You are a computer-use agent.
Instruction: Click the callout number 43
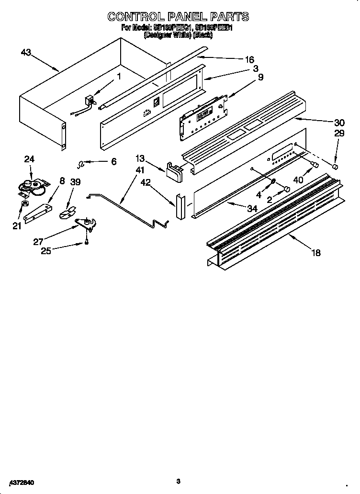tap(26, 52)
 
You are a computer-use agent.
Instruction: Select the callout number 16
tap(249, 60)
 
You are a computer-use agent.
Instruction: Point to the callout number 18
tap(316, 253)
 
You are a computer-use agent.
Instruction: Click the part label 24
tap(30, 159)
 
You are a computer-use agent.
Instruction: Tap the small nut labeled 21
tap(22, 206)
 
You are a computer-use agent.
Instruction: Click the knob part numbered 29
tap(336, 167)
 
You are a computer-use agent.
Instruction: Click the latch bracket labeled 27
tap(86, 223)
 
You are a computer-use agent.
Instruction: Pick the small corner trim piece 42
tap(180, 206)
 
